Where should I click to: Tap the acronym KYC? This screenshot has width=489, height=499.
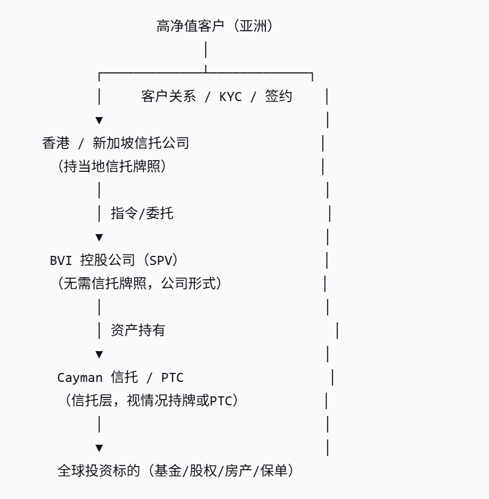click(230, 97)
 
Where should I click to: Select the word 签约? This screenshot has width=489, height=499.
click(279, 96)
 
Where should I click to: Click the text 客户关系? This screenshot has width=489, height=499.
click(168, 96)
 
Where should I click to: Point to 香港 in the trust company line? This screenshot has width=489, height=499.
click(55, 143)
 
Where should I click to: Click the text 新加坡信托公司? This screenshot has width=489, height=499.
click(141, 143)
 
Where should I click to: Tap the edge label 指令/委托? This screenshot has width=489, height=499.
click(142, 213)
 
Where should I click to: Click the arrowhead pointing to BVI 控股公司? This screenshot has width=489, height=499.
click(99, 237)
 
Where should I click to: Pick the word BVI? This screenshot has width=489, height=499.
click(60, 260)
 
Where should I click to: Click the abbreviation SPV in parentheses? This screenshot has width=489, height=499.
click(162, 260)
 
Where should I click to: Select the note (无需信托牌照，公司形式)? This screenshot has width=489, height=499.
click(139, 284)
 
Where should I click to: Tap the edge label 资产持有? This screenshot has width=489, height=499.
click(137, 330)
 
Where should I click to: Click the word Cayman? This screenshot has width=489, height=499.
click(79, 378)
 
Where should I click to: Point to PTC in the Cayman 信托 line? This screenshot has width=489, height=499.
click(172, 378)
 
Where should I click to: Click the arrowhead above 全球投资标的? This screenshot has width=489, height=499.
click(99, 448)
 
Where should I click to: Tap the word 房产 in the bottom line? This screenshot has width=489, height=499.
click(238, 471)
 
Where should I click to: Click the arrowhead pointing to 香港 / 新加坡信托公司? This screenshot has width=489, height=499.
click(99, 120)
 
